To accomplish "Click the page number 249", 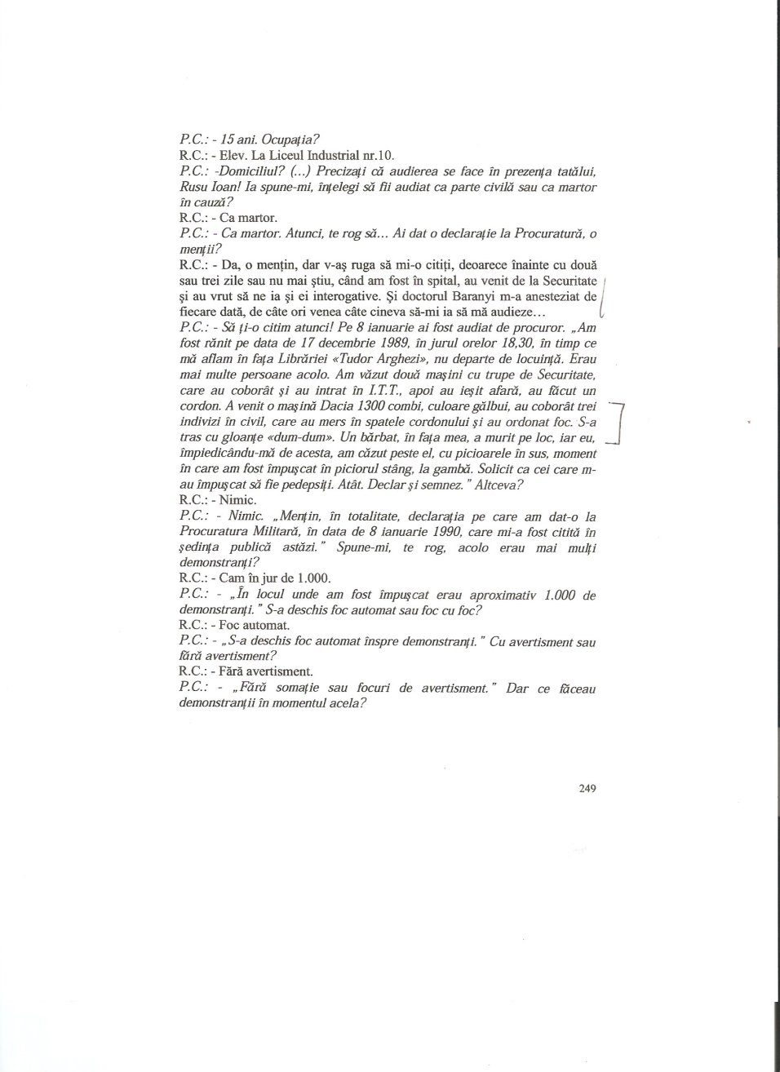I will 588,788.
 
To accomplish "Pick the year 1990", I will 429,532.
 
